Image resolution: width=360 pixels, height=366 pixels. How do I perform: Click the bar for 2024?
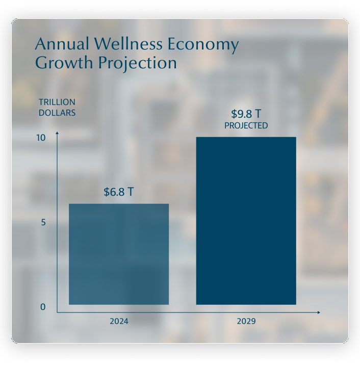[x=119, y=254]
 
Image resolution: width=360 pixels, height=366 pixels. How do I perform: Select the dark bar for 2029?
[x=246, y=221]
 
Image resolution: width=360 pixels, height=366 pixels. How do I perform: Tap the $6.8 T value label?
[x=119, y=192]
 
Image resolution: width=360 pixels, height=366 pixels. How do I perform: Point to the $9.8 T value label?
[x=246, y=114]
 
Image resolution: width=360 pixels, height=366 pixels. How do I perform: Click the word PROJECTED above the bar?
[x=246, y=125]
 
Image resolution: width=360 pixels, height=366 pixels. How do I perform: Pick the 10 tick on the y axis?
[x=41, y=138]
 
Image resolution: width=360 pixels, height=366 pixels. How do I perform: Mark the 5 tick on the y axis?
[x=43, y=223]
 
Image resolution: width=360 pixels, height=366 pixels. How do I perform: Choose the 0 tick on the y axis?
[x=43, y=307]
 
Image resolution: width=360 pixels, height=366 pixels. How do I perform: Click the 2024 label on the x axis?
[x=119, y=322]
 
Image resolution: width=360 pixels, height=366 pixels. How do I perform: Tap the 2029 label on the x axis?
[x=246, y=322]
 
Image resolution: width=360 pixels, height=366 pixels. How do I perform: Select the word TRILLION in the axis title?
[x=57, y=102]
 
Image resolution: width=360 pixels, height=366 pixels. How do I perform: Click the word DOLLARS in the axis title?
[x=57, y=113]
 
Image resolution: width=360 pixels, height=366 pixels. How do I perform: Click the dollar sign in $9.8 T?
[x=234, y=114]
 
